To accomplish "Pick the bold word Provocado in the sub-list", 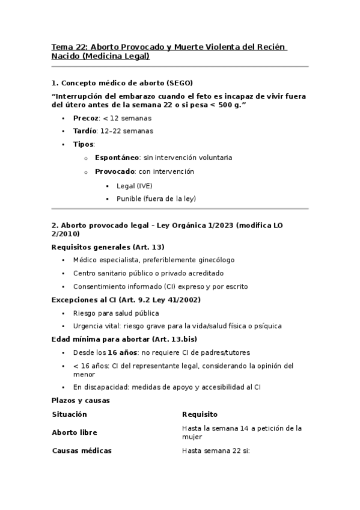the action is click(x=115, y=171).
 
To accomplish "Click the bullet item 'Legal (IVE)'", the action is click(x=135, y=185).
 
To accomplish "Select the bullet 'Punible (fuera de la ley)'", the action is click(x=156, y=198).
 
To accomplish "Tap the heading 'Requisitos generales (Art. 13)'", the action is click(x=108, y=247).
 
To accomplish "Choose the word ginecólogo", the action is click(x=214, y=260).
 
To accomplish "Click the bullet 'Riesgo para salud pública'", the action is click(x=116, y=313).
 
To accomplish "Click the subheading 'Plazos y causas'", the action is click(x=81, y=401).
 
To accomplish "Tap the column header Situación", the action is click(x=70, y=414).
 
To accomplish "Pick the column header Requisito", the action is click(x=200, y=414).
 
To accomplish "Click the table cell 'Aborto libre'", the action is click(x=75, y=432).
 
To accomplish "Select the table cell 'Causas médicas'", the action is click(x=82, y=450).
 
